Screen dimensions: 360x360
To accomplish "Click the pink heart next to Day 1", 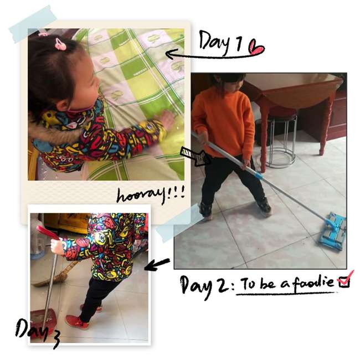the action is (x=256, y=48).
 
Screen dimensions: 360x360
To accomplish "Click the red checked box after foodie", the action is (x=345, y=280).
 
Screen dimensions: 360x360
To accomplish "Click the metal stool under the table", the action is (x=283, y=140).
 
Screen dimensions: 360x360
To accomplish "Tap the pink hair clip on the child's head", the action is (x=60, y=44).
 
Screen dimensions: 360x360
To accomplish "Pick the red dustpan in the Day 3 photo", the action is (x=43, y=320).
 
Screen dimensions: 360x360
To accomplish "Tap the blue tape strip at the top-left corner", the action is (x=33, y=24).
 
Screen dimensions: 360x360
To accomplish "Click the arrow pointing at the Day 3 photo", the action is (x=157, y=264).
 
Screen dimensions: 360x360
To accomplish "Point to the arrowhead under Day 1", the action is (x=171, y=54).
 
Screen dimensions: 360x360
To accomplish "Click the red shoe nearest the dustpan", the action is (x=76, y=322).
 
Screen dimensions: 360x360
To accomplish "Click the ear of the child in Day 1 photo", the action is (x=63, y=106).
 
